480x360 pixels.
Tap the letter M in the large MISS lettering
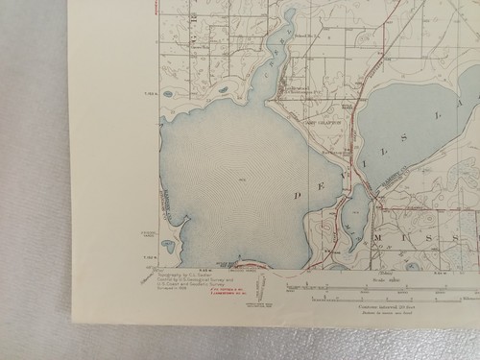point(382,237)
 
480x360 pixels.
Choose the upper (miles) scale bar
point(384,287)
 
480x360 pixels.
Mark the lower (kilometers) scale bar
point(384,298)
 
